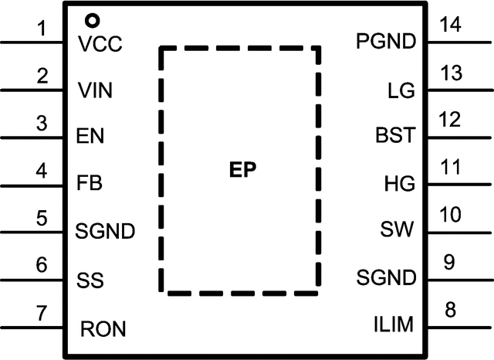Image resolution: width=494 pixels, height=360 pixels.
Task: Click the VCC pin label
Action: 100,44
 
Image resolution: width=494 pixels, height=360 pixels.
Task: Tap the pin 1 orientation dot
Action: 93,21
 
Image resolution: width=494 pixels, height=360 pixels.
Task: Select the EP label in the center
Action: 242,170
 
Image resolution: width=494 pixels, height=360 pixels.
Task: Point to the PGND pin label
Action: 386,41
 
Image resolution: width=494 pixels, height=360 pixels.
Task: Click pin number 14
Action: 451,24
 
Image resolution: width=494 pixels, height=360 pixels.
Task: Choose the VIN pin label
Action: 95,90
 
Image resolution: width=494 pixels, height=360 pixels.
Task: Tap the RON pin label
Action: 103,329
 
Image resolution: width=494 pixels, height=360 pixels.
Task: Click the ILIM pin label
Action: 394,324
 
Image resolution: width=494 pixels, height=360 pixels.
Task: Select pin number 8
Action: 450,310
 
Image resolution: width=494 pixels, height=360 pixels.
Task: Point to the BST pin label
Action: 395,135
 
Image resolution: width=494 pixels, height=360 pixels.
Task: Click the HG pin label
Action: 400,183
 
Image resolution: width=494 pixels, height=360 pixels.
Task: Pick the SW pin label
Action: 397,229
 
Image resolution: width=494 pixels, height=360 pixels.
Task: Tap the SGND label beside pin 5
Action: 105,231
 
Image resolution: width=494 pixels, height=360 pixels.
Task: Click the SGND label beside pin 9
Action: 386,277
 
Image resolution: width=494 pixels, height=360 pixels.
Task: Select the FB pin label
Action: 90,183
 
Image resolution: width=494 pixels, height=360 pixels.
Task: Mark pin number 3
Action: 42,124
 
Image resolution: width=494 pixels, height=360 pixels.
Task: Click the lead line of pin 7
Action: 32,328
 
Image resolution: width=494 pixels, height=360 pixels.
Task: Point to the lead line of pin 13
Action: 460,90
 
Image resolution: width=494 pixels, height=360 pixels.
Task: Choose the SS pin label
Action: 90,280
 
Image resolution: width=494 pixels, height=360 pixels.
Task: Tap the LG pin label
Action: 401,90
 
